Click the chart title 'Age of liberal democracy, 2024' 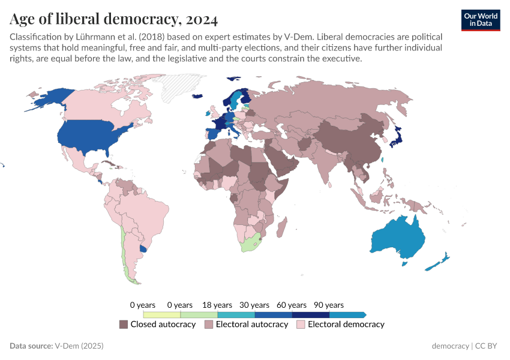pos(113,19)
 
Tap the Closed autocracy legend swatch pos(124,325)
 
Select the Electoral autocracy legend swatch pos(209,325)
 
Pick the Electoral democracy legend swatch pos(301,325)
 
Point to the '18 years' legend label pos(217,305)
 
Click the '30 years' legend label pos(254,305)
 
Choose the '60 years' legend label pos(292,305)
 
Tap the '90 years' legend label pos(329,305)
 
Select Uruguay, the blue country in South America pos(142,248)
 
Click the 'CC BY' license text pos(488,346)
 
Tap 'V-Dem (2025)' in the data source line pos(79,346)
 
